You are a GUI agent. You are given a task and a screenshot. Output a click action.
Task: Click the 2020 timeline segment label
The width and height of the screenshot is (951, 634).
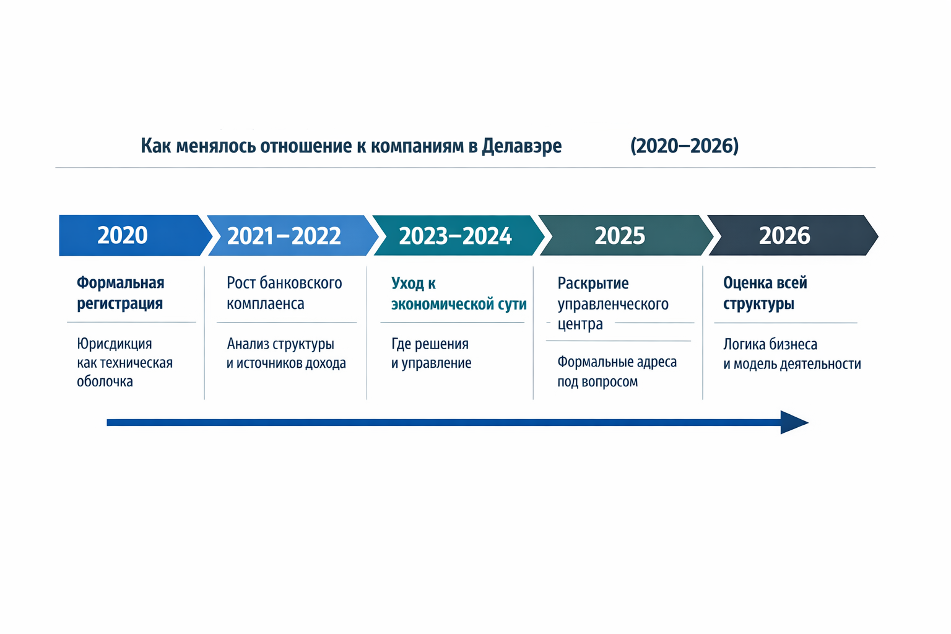pos(123,235)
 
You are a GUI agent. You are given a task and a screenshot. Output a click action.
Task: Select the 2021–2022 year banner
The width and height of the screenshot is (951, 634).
pos(284,236)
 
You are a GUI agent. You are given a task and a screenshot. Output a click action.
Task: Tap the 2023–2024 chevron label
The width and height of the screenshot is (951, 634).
pos(455,236)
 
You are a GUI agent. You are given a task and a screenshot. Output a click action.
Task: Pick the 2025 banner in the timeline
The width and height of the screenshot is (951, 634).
pos(620,236)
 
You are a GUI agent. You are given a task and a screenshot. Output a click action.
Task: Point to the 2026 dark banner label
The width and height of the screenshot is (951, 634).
pos(784,236)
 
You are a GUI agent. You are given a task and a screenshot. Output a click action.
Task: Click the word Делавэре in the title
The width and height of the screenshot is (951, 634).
pos(521,146)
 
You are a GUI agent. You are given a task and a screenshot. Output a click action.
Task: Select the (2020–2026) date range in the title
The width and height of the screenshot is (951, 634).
pos(684,146)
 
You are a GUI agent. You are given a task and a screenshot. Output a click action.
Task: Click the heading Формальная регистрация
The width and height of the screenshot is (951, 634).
pos(120,293)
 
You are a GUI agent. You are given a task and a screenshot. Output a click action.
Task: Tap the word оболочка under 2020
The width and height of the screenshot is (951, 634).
pos(105,381)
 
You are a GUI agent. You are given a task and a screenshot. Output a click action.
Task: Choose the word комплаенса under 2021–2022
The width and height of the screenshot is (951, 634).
pos(265,304)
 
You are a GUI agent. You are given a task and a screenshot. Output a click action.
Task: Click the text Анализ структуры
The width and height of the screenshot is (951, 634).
pos(280,344)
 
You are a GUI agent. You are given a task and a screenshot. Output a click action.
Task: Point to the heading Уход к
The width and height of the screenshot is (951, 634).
pos(414,284)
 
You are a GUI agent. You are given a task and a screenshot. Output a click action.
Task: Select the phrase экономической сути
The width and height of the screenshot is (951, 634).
pos(459,304)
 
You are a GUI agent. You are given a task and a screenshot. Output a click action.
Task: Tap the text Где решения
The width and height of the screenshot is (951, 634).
pos(430,344)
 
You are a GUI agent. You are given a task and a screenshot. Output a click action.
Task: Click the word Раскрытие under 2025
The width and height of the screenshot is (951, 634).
pos(593,284)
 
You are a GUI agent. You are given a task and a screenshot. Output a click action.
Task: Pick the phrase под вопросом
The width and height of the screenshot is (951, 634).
pos(597,381)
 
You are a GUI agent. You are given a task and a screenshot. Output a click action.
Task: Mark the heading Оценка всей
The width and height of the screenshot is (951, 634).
pos(765,283)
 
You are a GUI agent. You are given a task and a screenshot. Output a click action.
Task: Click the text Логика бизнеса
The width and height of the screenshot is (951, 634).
pos(770,344)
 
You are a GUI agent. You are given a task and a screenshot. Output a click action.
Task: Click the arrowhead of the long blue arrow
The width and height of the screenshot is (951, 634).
pos(794,422)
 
